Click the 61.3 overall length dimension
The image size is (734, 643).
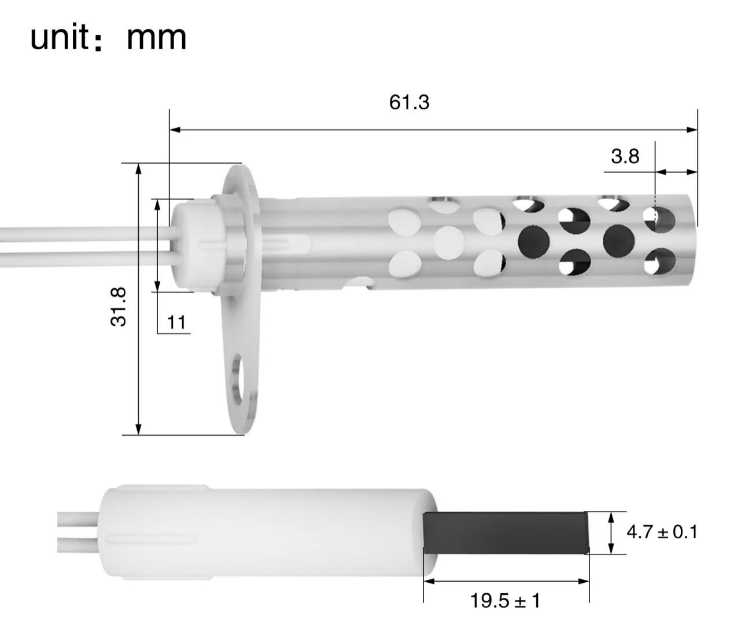click(409, 102)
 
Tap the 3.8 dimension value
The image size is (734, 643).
click(625, 156)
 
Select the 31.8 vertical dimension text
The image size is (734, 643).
click(119, 307)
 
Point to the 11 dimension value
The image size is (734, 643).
click(176, 322)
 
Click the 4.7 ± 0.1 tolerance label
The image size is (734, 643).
click(662, 531)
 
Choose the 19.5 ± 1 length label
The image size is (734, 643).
click(505, 601)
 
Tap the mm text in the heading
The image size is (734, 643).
click(156, 38)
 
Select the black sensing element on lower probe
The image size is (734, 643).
click(506, 532)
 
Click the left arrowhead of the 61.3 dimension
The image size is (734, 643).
click(174, 130)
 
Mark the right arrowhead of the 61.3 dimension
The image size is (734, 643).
click(692, 130)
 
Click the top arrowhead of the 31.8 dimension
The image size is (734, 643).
click(138, 168)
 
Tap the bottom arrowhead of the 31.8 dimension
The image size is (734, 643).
click(138, 429)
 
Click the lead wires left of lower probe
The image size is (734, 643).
click(78, 532)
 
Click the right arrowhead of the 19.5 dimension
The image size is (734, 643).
click(585, 581)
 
